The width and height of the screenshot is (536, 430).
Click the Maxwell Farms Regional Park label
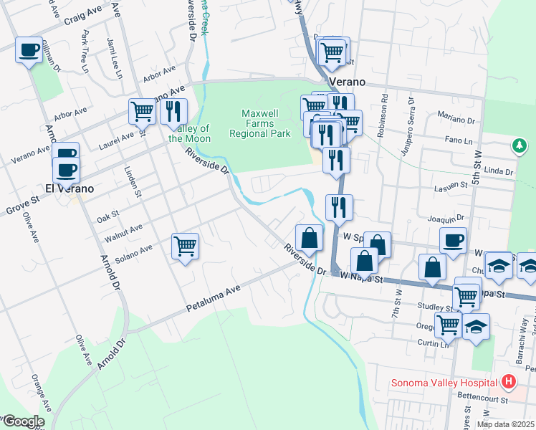(266, 123)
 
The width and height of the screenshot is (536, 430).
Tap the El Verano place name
(70, 188)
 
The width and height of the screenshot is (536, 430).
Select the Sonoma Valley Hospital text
(444, 382)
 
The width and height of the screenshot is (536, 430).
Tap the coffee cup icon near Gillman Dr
(29, 50)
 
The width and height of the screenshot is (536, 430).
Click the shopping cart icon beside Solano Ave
(185, 247)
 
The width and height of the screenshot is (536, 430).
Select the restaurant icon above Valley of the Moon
(173, 111)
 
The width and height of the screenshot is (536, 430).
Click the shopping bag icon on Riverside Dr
(309, 237)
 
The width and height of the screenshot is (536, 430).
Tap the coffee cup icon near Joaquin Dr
(453, 241)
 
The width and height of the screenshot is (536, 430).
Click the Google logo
(23, 421)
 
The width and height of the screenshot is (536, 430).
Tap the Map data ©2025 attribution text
(505, 424)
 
